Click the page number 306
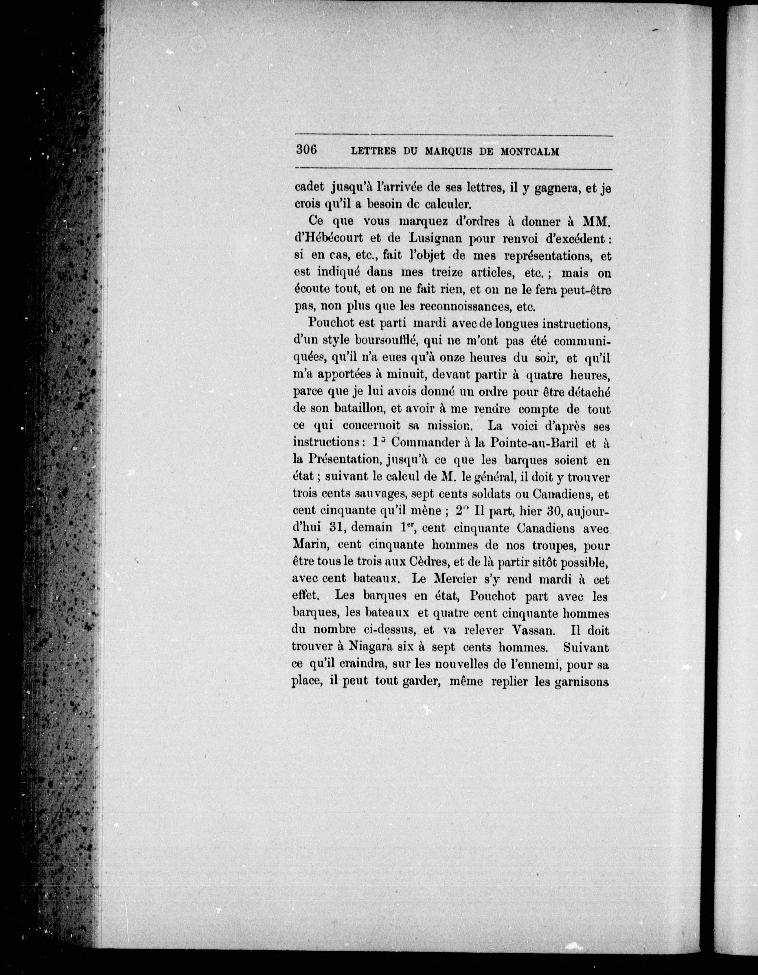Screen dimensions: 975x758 pyautogui.click(x=306, y=150)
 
